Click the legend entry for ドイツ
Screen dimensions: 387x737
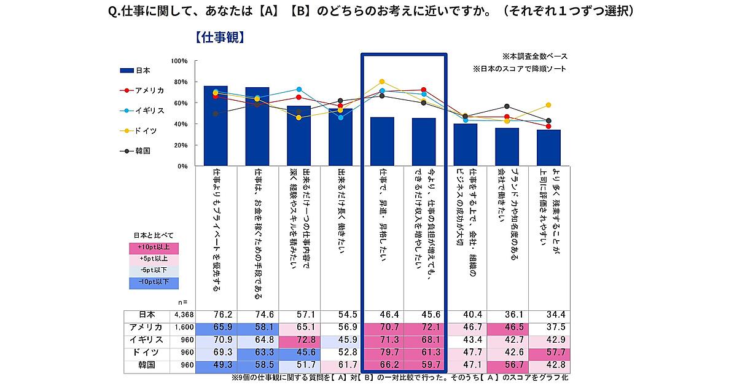pyautogui.click(x=145, y=130)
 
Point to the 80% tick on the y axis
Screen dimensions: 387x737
pyautogui.click(x=179, y=82)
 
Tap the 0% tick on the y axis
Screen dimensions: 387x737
pyautogui.click(x=182, y=166)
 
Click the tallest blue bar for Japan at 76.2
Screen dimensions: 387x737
pyautogui.click(x=216, y=126)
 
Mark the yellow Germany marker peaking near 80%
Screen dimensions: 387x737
pyautogui.click(x=382, y=82)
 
